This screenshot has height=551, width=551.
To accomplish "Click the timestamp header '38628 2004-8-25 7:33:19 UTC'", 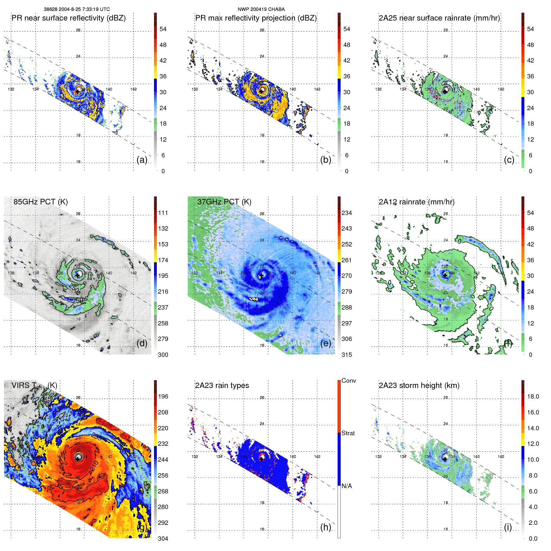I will click(77, 9).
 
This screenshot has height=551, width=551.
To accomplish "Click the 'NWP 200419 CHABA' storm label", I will click(261, 9).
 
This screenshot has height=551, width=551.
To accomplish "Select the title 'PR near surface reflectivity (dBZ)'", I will click(68, 18).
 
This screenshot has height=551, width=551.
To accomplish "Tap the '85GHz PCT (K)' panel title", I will click(40, 202).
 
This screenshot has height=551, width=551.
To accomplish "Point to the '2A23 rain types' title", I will click(222, 385).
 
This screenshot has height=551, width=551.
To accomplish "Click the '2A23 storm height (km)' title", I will click(419, 385).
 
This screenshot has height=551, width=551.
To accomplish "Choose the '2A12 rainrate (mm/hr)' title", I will click(416, 202).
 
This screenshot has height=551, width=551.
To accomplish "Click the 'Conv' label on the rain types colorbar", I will click(348, 381).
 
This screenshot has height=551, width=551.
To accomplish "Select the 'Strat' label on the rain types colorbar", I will click(348, 433).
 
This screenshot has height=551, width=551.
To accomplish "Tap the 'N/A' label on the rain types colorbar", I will click(347, 486).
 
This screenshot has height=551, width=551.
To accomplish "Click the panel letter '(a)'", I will click(142, 160).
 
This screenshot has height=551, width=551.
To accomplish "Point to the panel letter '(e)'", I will click(325, 343).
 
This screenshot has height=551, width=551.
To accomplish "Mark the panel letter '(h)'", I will click(325, 527).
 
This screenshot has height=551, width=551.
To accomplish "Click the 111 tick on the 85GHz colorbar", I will click(163, 213).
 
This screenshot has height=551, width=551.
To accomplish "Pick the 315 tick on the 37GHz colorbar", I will click(347, 355).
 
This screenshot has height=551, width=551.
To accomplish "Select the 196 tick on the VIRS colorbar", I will click(163, 396).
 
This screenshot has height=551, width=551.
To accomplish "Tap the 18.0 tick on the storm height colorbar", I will click(533, 396).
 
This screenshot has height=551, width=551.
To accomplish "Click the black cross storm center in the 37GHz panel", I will click(261, 275).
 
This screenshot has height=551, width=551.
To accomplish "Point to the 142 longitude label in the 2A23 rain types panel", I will click(317, 457).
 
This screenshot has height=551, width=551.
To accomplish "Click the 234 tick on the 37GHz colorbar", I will click(347, 213).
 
